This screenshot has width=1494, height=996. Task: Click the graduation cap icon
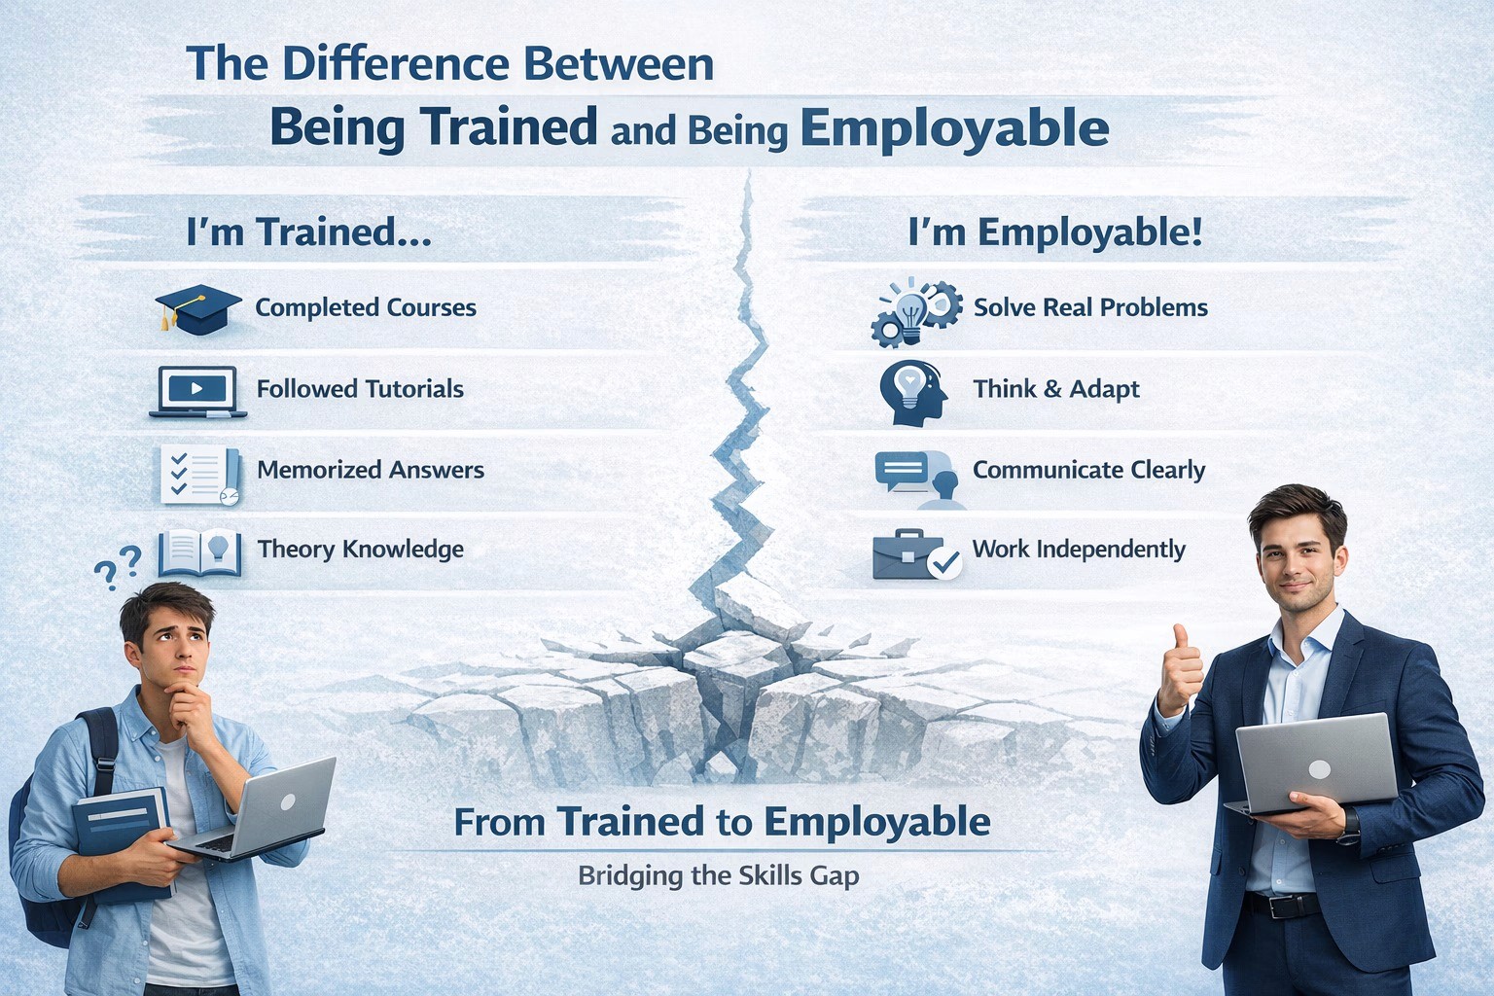click(x=197, y=308)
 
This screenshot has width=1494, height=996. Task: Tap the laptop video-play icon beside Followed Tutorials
click(x=197, y=390)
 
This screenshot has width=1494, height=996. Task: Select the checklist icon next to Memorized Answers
click(x=200, y=474)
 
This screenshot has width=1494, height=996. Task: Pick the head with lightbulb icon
click(x=912, y=392)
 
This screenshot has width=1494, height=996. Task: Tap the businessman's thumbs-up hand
click(x=1179, y=671)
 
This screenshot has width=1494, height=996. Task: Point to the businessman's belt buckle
click(x=1280, y=907)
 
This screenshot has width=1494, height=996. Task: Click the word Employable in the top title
click(x=954, y=129)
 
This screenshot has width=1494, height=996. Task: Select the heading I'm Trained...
click(x=308, y=232)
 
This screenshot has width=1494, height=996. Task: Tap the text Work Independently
click(x=1079, y=550)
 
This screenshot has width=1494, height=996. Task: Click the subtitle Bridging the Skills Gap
click(x=718, y=875)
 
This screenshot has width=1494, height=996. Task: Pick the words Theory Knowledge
click(x=360, y=550)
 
